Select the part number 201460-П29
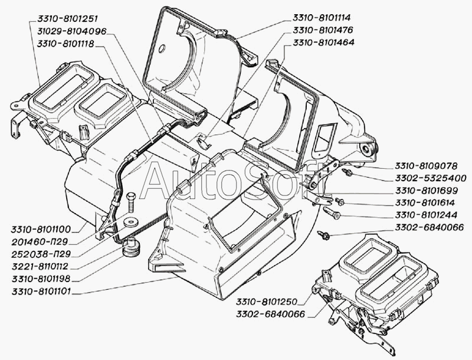pyautogui.click(x=43, y=241)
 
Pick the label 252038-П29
pyautogui.click(x=43, y=254)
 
